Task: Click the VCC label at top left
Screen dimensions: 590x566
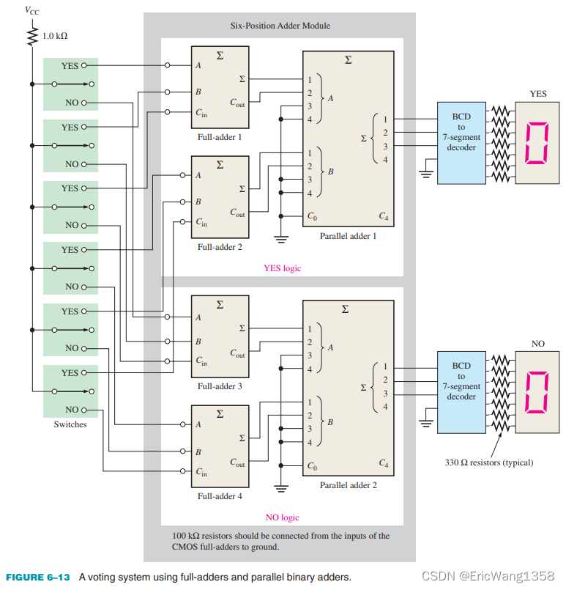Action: [33, 10]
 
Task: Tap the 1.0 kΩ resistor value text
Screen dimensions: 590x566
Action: [55, 35]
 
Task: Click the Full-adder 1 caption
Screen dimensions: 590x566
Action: [219, 137]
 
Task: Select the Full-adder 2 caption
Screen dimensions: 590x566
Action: [219, 247]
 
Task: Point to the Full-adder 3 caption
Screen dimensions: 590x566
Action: [219, 386]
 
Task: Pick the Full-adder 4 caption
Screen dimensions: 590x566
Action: [219, 496]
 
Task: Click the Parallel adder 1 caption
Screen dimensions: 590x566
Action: [348, 236]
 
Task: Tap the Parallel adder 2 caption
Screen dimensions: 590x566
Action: [348, 485]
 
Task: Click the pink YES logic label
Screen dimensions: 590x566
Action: [282, 268]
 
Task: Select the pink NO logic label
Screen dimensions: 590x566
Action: [282, 517]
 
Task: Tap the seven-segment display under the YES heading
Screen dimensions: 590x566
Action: [538, 142]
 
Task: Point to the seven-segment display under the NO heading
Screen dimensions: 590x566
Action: [538, 391]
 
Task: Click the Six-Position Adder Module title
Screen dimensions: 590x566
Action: [280, 26]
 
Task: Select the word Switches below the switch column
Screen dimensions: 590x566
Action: [70, 424]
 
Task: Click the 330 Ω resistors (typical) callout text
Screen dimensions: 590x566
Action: [489, 462]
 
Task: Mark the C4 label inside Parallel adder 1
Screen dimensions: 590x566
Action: [383, 216]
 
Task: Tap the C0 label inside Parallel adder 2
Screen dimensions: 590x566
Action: [313, 465]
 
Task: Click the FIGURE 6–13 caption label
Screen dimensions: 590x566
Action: [37, 577]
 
